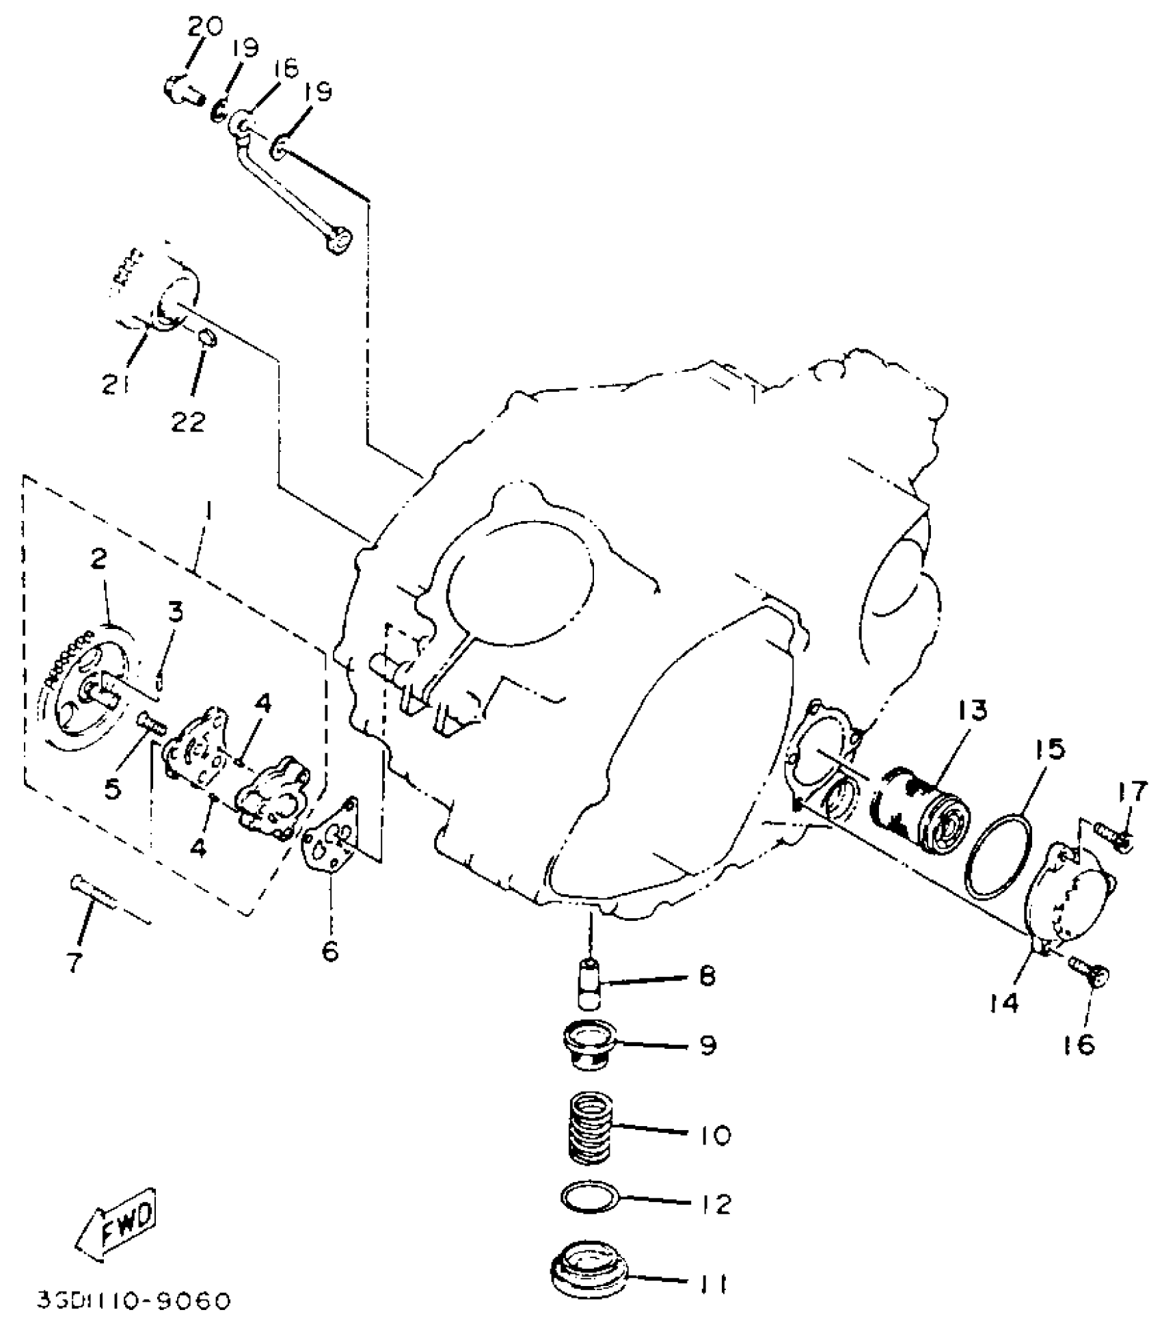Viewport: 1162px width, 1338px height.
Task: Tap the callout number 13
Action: click(x=971, y=710)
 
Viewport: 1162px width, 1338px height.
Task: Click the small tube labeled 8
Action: click(x=589, y=985)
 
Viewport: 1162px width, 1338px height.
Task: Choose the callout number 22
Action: click(x=189, y=421)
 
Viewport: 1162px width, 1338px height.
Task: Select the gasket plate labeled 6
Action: click(x=332, y=834)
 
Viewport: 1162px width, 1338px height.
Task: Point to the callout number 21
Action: click(x=115, y=384)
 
